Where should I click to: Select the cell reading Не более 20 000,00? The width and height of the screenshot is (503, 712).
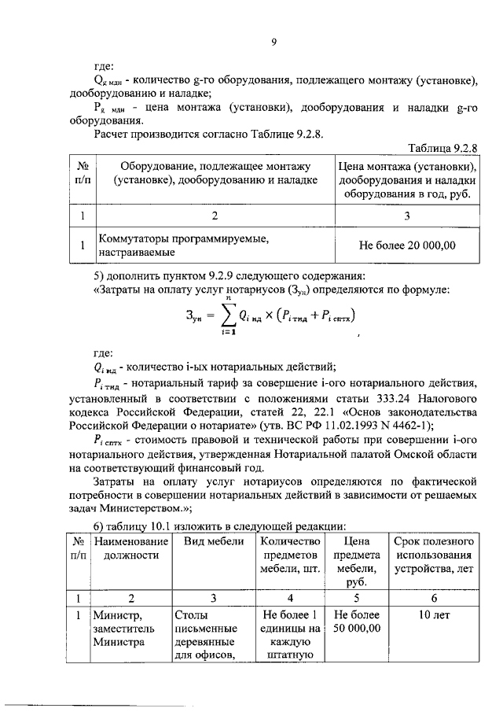(407, 245)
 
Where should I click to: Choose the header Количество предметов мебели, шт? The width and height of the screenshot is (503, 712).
(290, 555)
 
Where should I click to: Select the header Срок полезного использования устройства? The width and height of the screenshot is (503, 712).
(433, 555)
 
